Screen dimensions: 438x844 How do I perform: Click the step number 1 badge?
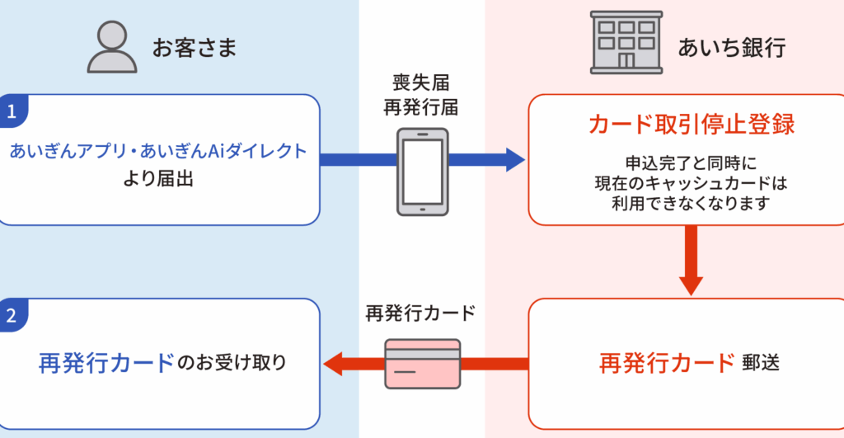point(11,110)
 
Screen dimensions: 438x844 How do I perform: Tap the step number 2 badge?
point(11,314)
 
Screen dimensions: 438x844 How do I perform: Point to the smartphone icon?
point(422,171)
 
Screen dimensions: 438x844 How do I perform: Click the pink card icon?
point(422,364)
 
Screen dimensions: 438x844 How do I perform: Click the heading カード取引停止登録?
point(691,125)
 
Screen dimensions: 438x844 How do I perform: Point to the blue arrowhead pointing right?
point(515,159)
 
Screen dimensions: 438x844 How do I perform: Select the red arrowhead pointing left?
point(334,362)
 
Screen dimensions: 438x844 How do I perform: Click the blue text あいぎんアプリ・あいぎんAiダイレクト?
point(158,152)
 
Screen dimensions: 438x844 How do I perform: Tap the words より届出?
point(159,177)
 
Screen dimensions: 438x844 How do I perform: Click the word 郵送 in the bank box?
point(762,363)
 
